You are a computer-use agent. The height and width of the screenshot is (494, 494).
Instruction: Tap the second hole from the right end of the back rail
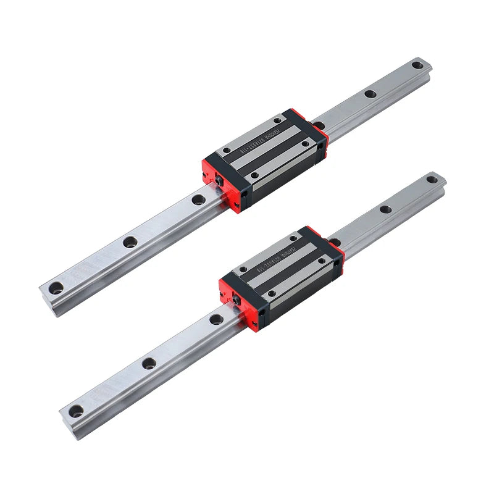(x=370, y=94)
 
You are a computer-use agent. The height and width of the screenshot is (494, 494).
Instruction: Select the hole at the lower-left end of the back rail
(x=56, y=286)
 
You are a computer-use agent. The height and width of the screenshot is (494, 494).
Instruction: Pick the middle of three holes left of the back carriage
(x=130, y=242)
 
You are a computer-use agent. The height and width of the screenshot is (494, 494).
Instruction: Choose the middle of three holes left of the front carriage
(x=148, y=362)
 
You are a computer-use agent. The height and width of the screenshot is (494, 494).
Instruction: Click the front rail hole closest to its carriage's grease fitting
(x=216, y=320)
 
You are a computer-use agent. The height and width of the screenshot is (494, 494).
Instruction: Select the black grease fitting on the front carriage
(x=236, y=298)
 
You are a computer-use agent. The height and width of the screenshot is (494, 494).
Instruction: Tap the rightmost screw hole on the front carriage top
(x=322, y=261)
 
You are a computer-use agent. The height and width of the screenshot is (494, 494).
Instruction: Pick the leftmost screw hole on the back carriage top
(x=226, y=149)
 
